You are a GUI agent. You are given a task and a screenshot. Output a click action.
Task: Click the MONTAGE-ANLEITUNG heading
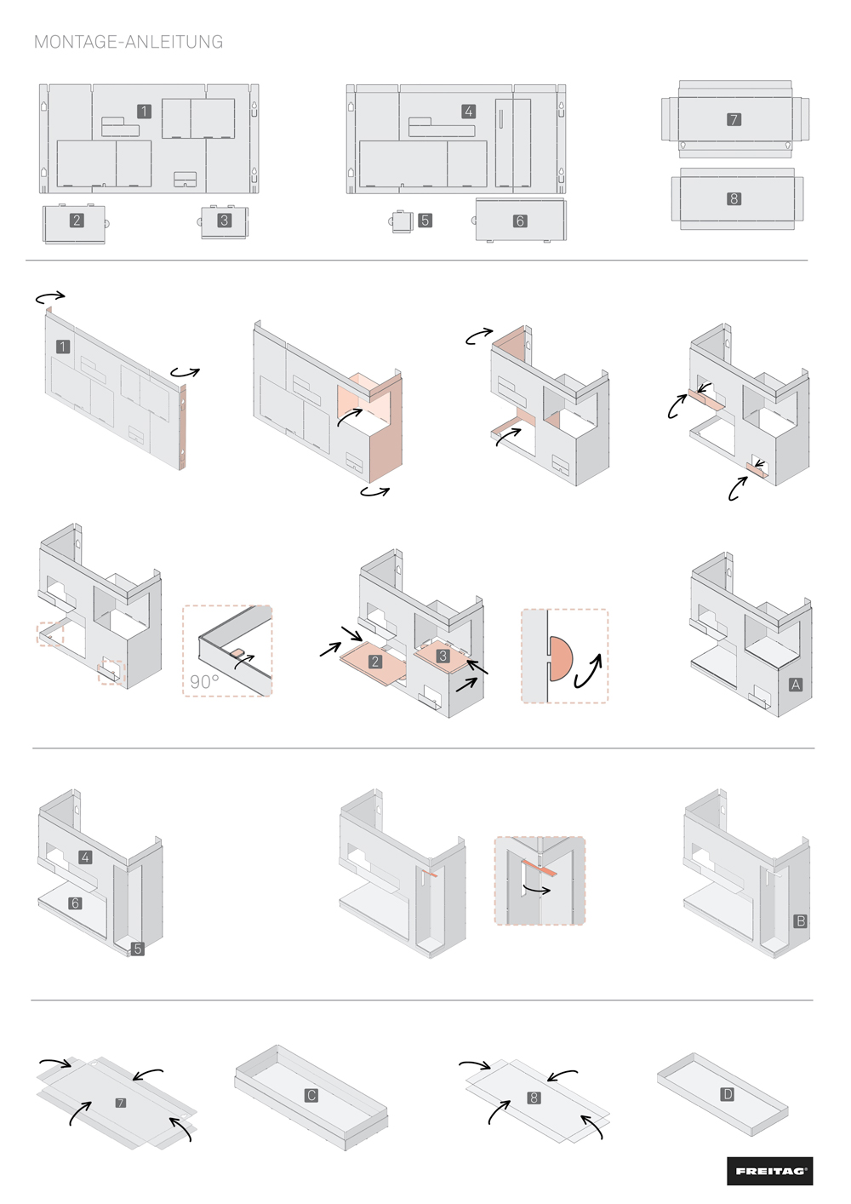pyautogui.click(x=129, y=42)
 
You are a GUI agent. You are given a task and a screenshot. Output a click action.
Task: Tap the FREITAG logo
pyautogui.click(x=769, y=1171)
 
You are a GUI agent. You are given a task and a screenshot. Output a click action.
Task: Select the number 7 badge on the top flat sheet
pyautogui.click(x=734, y=119)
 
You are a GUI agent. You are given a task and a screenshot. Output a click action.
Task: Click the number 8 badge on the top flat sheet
pyautogui.click(x=734, y=199)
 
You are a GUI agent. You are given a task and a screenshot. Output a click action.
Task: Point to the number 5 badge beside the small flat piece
pyautogui.click(x=425, y=221)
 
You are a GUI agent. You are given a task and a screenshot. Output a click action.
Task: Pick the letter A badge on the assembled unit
pyautogui.click(x=796, y=685)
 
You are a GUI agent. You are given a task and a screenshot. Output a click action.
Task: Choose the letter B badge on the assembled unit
pyautogui.click(x=801, y=920)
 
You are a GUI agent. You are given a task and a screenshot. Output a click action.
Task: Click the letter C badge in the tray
pyautogui.click(x=311, y=1095)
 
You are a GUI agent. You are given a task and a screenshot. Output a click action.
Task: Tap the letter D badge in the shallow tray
pyautogui.click(x=728, y=1094)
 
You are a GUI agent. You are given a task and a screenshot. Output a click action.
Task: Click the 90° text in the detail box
pyautogui.click(x=204, y=681)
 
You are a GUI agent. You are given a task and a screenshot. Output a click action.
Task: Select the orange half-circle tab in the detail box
pyautogui.click(x=561, y=658)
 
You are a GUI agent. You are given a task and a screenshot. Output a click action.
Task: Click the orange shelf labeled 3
pyautogui.click(x=443, y=656)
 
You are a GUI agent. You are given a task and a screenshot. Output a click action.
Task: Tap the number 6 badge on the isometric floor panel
pyautogui.click(x=75, y=903)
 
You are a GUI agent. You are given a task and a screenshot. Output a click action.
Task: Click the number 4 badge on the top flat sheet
pyautogui.click(x=469, y=112)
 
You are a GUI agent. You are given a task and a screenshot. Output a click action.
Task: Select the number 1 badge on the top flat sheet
pyautogui.click(x=144, y=112)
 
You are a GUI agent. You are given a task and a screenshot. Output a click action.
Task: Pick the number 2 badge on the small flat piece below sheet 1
pyautogui.click(x=77, y=220)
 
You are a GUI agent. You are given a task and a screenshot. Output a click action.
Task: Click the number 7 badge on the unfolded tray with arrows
pyautogui.click(x=120, y=1103)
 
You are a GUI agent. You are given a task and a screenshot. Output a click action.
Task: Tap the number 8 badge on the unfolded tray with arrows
pyautogui.click(x=534, y=1097)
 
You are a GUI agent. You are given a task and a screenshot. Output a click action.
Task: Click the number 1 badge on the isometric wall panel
pyautogui.click(x=63, y=347)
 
